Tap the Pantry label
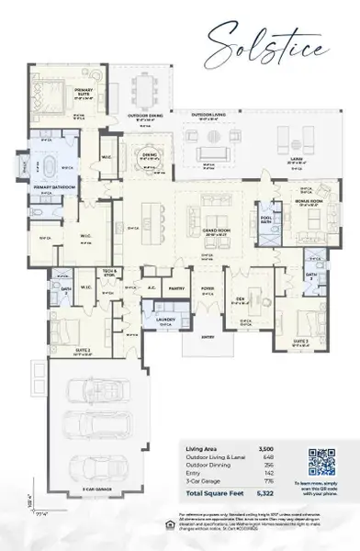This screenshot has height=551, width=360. point(177,287)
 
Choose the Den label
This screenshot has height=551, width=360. point(239,299)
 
